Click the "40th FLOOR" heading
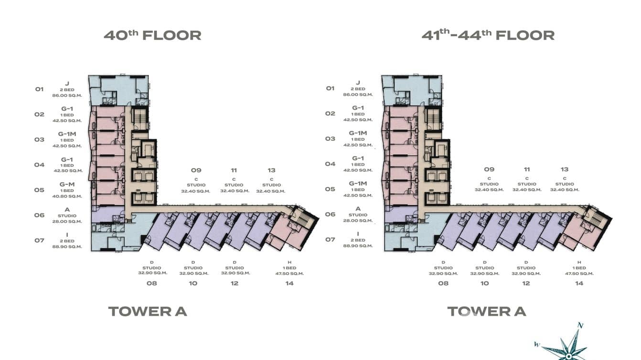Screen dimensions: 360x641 pos(152,35)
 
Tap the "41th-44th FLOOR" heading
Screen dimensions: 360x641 pos(488,35)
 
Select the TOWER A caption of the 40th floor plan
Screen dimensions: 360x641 pos(148,311)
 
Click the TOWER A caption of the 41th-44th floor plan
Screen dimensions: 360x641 pos(486,311)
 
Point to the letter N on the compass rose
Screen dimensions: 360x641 pos(580,326)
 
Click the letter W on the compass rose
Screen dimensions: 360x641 pos(537,344)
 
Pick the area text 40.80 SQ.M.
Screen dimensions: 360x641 pos(67,196)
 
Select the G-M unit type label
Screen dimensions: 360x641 pos(67,184)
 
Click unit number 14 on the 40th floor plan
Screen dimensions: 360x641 pos(289,283)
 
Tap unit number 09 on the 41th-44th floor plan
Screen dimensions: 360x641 pos(489,169)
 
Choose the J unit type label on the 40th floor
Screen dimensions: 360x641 pos(67,83)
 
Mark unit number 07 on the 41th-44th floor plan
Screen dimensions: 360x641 pos(330,239)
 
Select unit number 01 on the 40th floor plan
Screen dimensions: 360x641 pos(39,89)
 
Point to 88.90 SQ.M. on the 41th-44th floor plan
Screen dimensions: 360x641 pos(358,246)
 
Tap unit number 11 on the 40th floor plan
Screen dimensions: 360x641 pos(234,170)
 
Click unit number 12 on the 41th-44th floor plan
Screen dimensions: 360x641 pos(526,283)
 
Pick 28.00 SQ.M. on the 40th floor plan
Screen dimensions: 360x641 pos(67,222)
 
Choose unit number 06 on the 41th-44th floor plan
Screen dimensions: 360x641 pos(330,214)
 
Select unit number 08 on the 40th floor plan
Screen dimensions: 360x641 pos(152,283)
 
